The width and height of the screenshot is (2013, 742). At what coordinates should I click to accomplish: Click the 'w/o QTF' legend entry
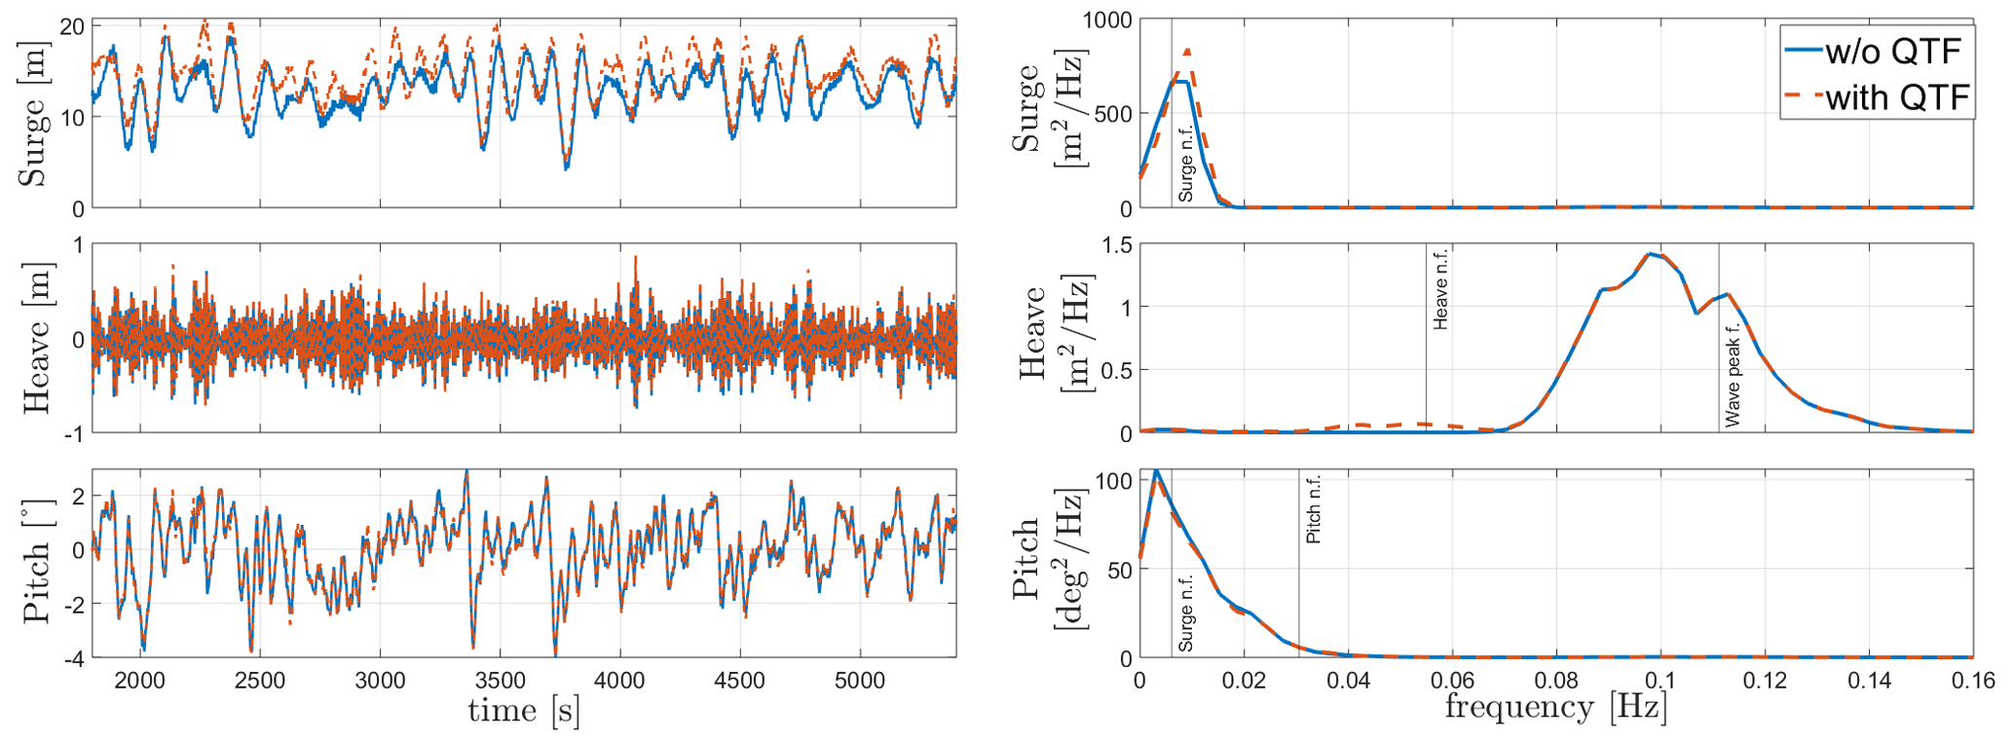coord(1892,51)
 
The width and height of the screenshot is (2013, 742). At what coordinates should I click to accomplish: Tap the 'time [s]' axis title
coord(524,711)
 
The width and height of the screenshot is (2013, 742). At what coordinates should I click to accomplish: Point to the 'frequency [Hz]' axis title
coord(1555,708)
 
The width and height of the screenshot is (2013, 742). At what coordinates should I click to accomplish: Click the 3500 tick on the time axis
coord(500,681)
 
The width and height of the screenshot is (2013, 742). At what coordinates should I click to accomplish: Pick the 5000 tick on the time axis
coord(860,681)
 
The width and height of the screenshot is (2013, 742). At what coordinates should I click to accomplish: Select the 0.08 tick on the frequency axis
coord(1555,681)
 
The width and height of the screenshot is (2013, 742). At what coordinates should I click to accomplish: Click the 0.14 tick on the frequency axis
coord(1869,681)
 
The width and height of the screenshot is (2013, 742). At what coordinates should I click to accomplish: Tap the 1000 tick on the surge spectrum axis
coord(1107,20)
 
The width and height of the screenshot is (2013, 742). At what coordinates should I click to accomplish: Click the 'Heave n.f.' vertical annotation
coord(1440,289)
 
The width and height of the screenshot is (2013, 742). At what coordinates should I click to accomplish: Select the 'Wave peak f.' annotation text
coord(1733,375)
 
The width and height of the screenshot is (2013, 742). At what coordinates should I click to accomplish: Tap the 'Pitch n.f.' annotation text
coord(1313,509)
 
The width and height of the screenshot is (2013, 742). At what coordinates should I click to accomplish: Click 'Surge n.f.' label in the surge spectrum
coord(1185,166)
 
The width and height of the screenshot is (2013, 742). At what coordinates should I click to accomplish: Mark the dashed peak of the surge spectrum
coord(1187,50)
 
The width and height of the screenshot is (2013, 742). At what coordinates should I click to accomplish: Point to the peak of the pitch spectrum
coord(1156,471)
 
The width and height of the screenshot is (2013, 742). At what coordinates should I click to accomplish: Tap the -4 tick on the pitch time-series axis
coord(74,659)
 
